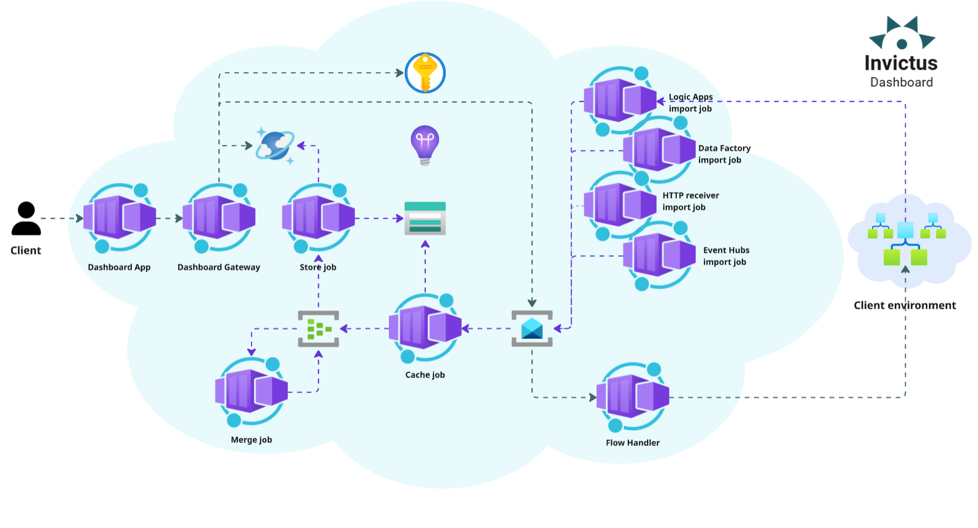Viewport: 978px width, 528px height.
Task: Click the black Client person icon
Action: click(x=26, y=219)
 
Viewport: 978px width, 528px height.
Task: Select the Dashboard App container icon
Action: click(x=119, y=217)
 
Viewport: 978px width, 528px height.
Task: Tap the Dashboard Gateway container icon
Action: click(x=218, y=217)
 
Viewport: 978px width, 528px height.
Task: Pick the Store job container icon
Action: click(x=318, y=217)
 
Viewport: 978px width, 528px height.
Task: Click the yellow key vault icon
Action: click(x=425, y=73)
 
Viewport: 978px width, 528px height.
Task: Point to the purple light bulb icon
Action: click(x=425, y=144)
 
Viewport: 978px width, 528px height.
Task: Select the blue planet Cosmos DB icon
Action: click(x=275, y=146)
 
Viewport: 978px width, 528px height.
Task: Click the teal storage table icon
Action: click(x=425, y=218)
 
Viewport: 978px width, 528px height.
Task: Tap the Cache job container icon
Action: click(x=425, y=328)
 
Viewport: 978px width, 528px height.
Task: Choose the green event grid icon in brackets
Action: click(x=318, y=329)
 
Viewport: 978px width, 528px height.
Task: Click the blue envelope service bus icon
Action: click(x=532, y=328)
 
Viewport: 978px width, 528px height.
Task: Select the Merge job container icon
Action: click(x=252, y=391)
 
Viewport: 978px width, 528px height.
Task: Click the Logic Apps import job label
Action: click(x=690, y=103)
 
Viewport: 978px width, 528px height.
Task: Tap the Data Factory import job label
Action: click(x=724, y=154)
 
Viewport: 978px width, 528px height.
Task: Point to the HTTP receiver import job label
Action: click(x=690, y=201)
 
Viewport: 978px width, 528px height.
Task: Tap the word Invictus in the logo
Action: click(x=901, y=63)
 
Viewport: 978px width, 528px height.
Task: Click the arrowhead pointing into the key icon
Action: click(x=399, y=73)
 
